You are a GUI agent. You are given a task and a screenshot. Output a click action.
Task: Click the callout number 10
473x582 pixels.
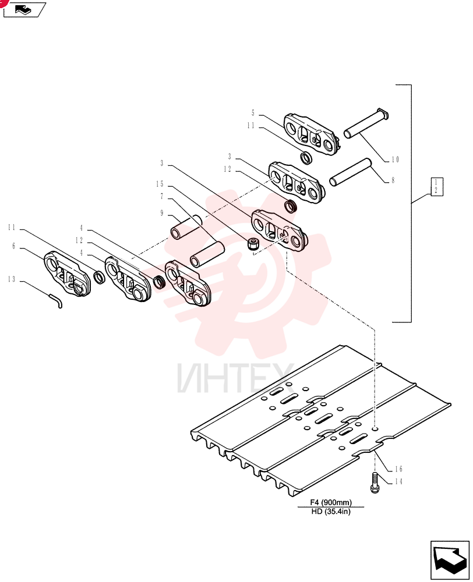395,159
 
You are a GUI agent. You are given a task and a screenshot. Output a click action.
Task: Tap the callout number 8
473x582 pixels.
393,180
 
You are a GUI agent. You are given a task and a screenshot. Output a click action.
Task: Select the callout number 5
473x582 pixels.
253,113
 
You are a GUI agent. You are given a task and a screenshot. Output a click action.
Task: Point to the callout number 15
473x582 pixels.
160,184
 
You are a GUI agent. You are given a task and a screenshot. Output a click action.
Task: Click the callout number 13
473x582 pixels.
12,279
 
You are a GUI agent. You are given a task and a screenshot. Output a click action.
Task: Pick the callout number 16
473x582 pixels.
398,469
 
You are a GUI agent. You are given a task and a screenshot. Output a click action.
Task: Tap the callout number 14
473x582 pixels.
398,481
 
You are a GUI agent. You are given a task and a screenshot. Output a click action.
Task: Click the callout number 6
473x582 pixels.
14,246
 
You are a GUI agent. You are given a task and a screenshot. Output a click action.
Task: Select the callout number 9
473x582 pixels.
161,213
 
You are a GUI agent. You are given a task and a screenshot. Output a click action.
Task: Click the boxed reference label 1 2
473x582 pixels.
436,187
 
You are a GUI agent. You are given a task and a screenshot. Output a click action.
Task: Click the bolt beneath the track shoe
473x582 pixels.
375,482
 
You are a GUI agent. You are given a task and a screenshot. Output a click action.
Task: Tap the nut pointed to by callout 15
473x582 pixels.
253,244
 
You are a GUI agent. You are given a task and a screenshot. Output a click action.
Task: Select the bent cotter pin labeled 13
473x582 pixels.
55,300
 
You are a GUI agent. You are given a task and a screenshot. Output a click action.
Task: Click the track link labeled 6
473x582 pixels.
68,274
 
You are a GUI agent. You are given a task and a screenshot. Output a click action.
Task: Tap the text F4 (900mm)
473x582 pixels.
331,503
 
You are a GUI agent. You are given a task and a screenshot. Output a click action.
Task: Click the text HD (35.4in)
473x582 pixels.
331,512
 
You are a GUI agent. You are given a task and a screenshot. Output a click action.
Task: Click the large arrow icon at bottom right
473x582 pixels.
450,560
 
